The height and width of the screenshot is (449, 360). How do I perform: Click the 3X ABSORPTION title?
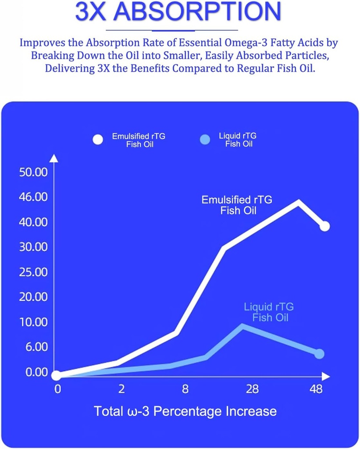pos(178,12)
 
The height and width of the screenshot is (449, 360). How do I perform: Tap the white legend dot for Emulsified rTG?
pos(98,139)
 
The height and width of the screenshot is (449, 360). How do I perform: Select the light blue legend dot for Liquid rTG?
pos(205,139)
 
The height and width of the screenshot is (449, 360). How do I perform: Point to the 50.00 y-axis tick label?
pos(33,172)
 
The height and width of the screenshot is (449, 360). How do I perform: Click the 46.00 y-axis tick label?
pos(33,197)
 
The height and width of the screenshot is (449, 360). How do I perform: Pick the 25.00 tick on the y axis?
pos(33,272)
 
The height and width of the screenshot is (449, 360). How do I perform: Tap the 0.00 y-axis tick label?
pos(33,372)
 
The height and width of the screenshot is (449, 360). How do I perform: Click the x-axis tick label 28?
pos(252,389)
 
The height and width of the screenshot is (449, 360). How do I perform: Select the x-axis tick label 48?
pos(316,389)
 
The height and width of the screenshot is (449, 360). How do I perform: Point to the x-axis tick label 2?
pos(121,389)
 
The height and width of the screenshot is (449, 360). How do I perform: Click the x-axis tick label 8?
pos(185,389)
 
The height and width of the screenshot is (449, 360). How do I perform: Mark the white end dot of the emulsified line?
pos(324,226)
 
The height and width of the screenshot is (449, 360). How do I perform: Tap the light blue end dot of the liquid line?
pos(319,353)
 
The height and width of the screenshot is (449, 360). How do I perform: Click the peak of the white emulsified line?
pos(299,201)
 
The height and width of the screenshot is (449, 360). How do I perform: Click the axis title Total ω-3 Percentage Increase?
pos(185,411)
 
